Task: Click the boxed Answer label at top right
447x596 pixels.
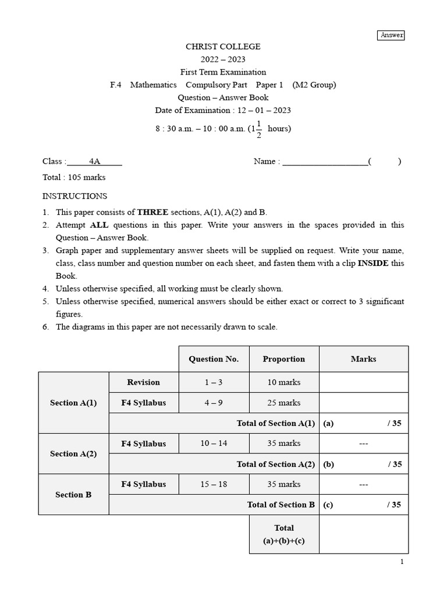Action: click(391, 35)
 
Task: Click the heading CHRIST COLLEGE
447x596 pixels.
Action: click(223, 47)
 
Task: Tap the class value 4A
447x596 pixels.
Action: click(95, 161)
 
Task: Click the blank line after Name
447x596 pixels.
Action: click(325, 162)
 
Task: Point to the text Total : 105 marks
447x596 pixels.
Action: click(74, 178)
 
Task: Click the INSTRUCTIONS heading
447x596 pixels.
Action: click(74, 196)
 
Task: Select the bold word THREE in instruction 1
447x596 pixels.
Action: click(154, 212)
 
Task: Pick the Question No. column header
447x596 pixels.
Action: click(214, 359)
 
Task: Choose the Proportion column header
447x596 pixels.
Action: click(283, 359)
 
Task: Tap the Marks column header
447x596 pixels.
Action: click(363, 359)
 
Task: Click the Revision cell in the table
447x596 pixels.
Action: click(143, 382)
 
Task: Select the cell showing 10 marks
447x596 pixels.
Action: click(283, 382)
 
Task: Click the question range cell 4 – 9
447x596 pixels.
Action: click(214, 403)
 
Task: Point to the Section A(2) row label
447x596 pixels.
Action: click(73, 453)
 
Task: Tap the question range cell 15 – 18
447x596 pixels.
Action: click(214, 484)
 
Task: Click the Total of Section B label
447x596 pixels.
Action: click(281, 505)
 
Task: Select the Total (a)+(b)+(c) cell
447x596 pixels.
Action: click(284, 534)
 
